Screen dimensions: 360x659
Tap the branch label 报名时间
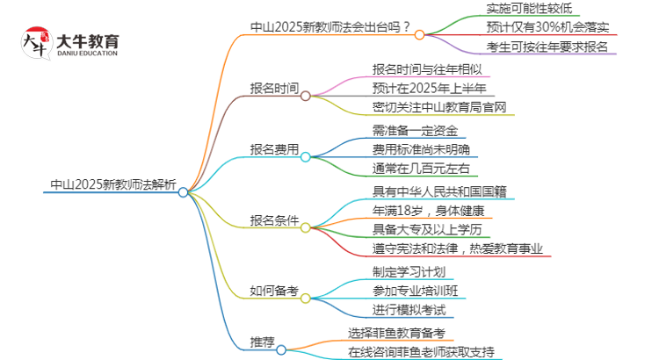[x=274, y=88]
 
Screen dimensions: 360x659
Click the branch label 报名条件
[x=274, y=220]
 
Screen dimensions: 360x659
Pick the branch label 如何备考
[x=274, y=291]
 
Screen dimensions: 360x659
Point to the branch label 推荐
[x=262, y=342]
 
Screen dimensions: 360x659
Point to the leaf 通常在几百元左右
[x=422, y=169]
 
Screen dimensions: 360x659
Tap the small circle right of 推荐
[x=281, y=349]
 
